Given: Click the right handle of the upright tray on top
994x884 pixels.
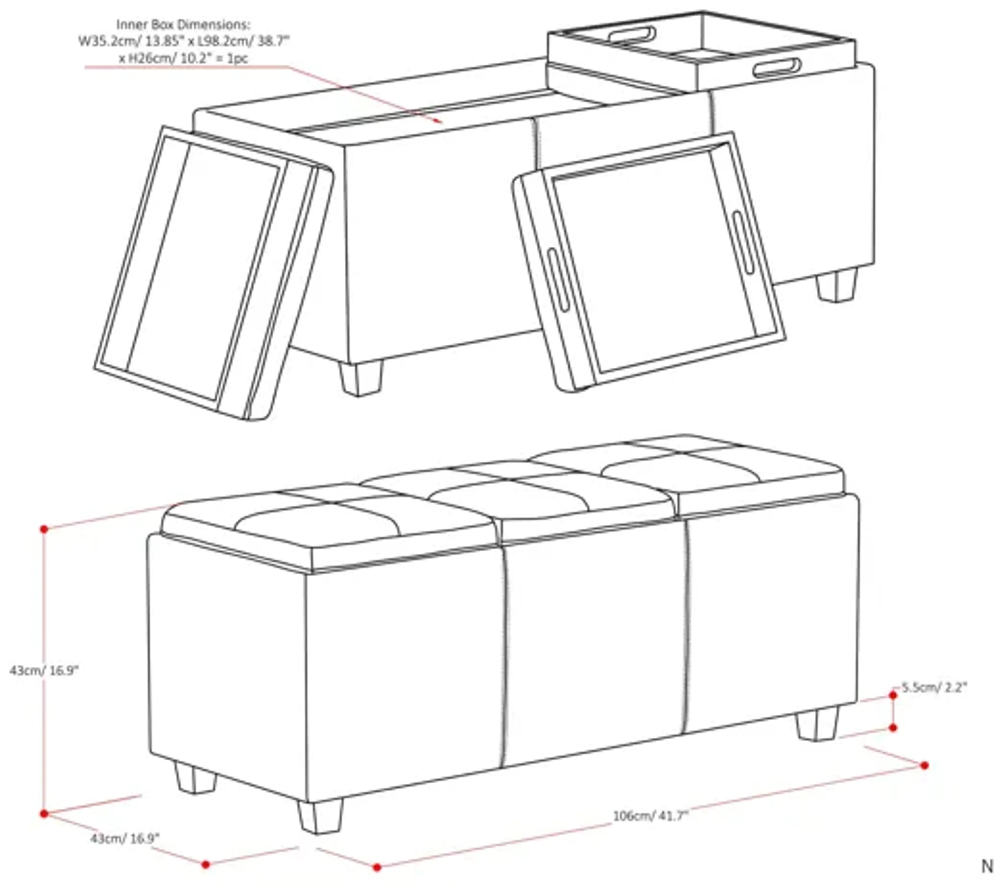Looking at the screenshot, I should point(777,68).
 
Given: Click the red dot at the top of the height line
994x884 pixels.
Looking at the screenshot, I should point(44,529).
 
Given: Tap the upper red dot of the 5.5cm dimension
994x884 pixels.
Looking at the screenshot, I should point(893,695).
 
